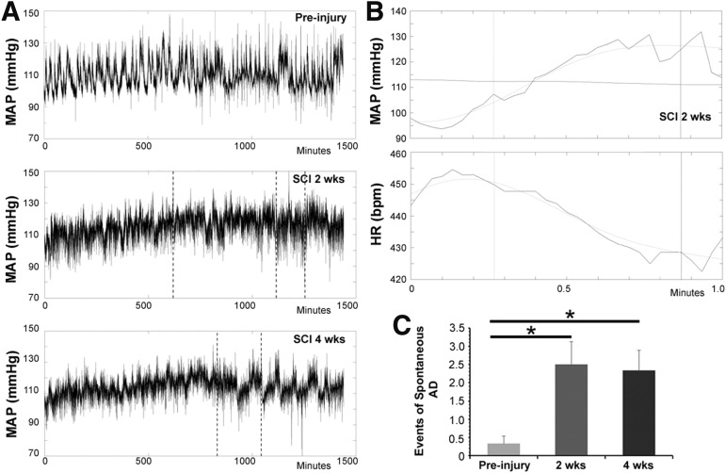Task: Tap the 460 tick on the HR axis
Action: [395, 154]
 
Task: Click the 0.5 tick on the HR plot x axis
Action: [563, 285]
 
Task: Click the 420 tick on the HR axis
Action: [395, 280]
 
